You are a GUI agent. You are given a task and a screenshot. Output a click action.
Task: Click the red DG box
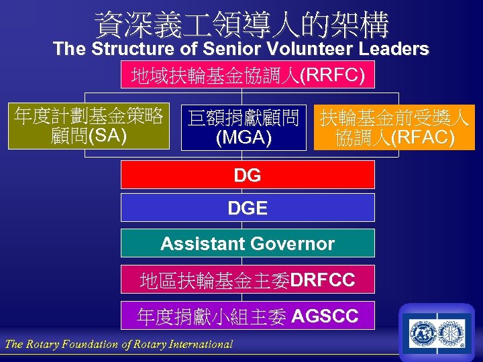(x=248, y=175)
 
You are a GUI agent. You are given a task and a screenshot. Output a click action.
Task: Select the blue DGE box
(x=248, y=208)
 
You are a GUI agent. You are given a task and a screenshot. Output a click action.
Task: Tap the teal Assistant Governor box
(x=248, y=243)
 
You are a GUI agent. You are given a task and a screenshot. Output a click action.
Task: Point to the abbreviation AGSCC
(x=325, y=316)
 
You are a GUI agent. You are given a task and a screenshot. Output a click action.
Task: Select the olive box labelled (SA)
(x=89, y=126)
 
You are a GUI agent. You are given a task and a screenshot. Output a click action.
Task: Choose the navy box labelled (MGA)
(x=244, y=127)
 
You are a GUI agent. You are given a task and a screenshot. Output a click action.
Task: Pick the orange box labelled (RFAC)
(x=394, y=127)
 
